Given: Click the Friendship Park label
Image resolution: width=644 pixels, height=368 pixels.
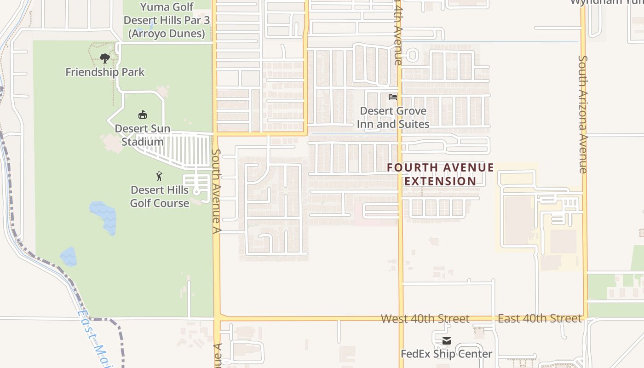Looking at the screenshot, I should click(105, 72).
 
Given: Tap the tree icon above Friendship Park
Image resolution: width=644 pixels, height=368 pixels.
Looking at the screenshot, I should click(105, 58).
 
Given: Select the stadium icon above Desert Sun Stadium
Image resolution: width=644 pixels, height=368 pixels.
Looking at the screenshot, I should click(143, 115).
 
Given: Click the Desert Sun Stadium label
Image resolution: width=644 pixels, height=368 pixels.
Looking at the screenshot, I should click(143, 135).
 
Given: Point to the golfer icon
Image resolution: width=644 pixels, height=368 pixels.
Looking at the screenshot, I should click(159, 176).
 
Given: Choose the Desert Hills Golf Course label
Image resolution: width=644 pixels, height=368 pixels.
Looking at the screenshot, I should click(160, 196).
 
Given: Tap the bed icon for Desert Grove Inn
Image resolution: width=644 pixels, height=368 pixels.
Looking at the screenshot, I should click(393, 97).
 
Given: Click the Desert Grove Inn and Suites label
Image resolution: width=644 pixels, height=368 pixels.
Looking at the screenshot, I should click(393, 117).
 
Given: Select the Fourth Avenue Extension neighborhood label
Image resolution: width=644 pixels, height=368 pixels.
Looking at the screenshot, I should click(440, 174).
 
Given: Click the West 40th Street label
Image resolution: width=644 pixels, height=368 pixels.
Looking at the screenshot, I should click(425, 319).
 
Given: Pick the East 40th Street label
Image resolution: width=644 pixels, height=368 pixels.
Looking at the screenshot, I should click(540, 318).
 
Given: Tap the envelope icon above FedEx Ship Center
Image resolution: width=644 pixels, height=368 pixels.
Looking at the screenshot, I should click(446, 341).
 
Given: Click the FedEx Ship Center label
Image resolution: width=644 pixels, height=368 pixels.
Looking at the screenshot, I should click(446, 354).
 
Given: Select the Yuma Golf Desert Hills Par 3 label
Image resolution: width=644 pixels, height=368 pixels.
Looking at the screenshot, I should click(167, 20).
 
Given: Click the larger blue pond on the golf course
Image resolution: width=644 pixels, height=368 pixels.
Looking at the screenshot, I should click(104, 217).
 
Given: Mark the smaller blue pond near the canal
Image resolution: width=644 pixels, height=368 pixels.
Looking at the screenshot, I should click(69, 257).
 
